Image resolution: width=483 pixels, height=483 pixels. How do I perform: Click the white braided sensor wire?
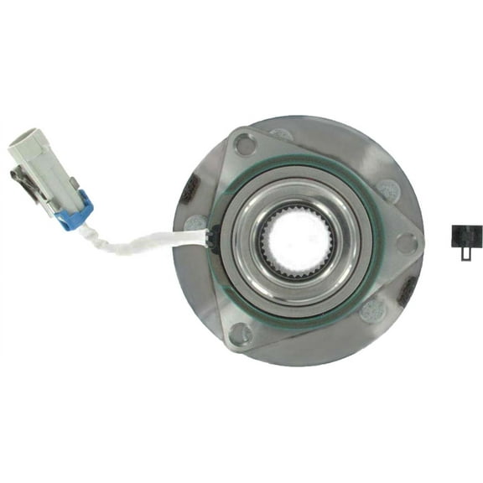(143, 245)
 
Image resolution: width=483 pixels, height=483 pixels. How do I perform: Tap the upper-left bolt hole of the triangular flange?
(246, 144)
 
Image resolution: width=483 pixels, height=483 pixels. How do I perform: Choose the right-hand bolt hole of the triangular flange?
(407, 244)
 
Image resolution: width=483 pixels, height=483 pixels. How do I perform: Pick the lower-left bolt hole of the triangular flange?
(240, 334)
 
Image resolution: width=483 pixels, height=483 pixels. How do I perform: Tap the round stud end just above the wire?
(195, 223)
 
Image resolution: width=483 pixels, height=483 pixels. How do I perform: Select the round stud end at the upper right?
(387, 190)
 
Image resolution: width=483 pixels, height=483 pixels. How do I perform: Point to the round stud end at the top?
(282, 134)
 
